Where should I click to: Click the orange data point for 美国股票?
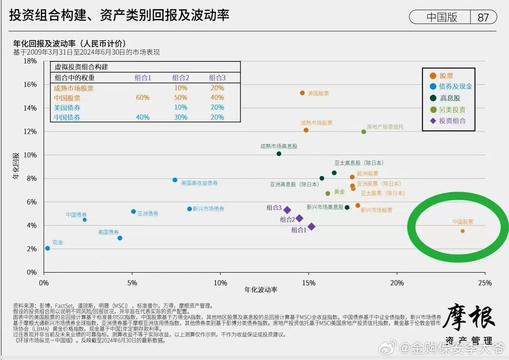click(x=302, y=93)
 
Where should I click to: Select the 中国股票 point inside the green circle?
click(x=462, y=231)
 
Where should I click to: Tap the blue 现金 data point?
click(x=47, y=248)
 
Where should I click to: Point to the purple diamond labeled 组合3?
click(x=287, y=210)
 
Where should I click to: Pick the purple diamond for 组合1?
click(x=311, y=227)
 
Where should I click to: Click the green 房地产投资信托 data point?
click(x=364, y=132)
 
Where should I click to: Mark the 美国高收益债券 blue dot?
click(x=175, y=180)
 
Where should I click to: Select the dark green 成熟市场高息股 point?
click(x=279, y=154)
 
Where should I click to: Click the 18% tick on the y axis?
click(x=31, y=61)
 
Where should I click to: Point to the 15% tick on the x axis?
click(x=309, y=283)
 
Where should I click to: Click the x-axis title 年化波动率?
click(x=261, y=290)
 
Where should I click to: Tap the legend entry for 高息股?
click(x=450, y=98)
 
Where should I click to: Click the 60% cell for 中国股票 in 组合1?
click(x=142, y=98)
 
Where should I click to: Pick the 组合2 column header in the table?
click(x=180, y=78)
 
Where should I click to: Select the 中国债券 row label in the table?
click(x=67, y=117)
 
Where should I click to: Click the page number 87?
click(x=483, y=17)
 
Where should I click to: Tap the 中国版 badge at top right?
click(x=441, y=17)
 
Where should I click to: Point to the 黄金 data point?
click(x=328, y=193)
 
